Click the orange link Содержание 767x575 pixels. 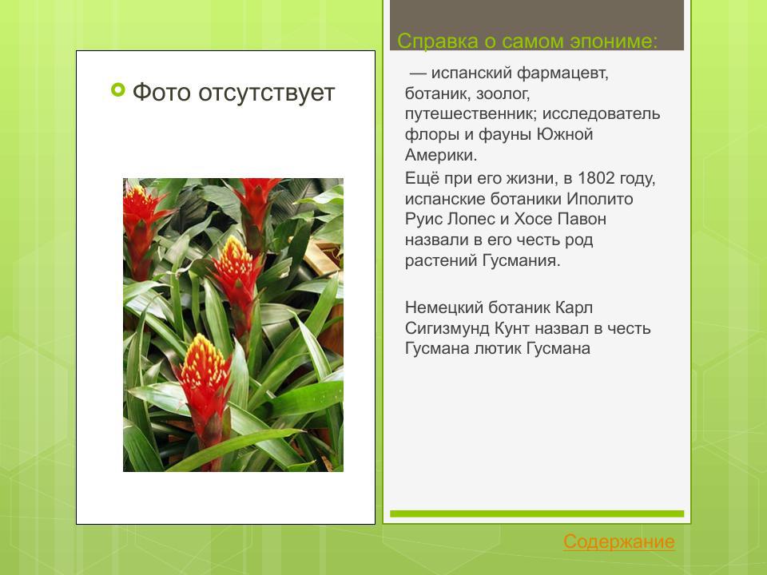point(618,542)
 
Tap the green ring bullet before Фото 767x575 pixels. point(118,91)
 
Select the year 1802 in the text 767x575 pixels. point(595,177)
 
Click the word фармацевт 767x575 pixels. point(562,73)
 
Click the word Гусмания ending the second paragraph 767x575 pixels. point(522,260)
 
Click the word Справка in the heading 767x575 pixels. point(435,41)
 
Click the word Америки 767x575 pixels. point(440,156)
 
